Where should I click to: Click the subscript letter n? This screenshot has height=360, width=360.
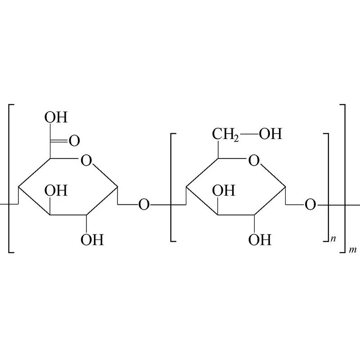333,239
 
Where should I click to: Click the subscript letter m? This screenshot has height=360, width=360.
353,250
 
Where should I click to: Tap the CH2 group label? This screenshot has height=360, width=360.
225,134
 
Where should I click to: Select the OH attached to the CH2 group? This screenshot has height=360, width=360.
270,134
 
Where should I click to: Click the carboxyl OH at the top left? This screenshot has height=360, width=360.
56,117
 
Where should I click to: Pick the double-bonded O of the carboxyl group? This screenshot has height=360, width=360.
74,141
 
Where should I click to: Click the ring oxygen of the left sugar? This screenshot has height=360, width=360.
86,161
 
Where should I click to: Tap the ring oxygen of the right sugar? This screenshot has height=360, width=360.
254,161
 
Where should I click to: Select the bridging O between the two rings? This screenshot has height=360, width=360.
144,205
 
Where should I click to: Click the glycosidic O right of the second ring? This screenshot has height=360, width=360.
310,205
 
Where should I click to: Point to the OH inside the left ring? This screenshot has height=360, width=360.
56,190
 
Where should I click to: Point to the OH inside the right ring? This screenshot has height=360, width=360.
224,190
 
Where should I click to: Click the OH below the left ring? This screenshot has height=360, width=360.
92,239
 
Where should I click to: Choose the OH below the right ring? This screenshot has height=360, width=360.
260,239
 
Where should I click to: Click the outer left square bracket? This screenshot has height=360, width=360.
9,179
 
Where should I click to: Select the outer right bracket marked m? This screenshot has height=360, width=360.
345,179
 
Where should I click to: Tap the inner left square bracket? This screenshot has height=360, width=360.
171,187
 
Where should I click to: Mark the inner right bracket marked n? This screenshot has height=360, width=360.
328,187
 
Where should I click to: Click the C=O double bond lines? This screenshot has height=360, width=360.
59,140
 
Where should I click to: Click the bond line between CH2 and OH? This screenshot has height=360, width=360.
249,134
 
